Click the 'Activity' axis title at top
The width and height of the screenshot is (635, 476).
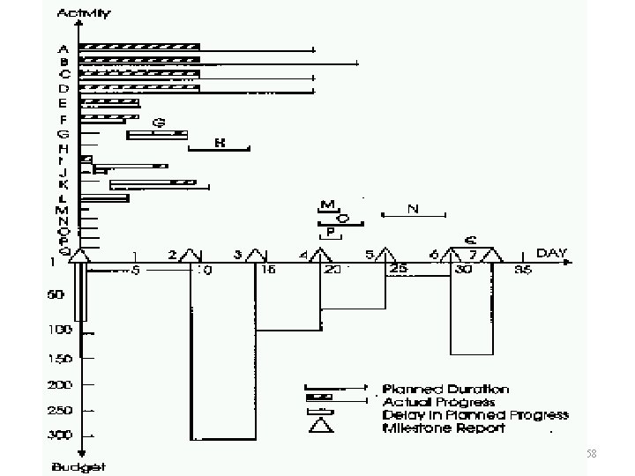coord(84,14)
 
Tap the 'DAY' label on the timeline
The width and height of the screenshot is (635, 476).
coord(553,254)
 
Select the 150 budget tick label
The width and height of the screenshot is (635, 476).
coord(60,357)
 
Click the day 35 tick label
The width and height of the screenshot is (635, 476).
coord(523,271)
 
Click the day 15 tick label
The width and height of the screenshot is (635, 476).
coord(268,271)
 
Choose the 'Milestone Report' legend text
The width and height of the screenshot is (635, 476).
coord(444,428)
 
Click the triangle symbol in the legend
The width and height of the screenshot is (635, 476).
coord(320,428)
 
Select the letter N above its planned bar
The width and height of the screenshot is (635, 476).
coord(412,208)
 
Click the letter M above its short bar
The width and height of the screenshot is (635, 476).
coord(328,204)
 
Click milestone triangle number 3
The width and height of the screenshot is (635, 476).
coord(257,255)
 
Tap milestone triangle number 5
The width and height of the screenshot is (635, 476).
coord(385,255)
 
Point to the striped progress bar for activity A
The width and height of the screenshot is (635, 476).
coord(139,46)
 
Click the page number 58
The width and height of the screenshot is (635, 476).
coord(591,453)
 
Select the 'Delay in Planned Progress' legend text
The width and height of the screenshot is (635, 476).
coord(475,415)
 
